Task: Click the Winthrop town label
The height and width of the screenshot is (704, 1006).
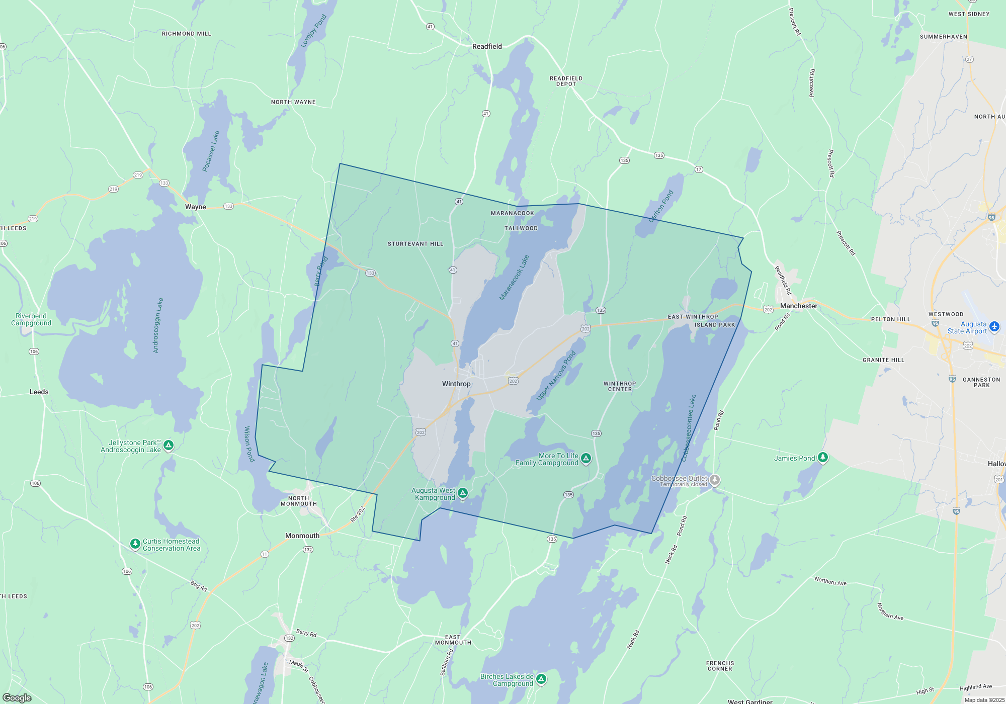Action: (456, 384)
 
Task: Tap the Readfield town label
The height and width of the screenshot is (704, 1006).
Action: (487, 46)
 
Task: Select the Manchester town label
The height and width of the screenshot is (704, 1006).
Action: (799, 306)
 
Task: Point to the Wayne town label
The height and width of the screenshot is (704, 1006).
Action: (195, 207)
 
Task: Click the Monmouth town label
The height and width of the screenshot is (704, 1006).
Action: (302, 536)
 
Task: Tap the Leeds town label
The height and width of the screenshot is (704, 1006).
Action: (39, 392)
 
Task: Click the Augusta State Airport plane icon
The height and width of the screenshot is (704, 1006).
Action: (994, 327)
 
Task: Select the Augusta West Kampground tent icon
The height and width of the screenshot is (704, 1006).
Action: (463, 493)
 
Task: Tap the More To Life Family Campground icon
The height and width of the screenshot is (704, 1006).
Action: (585, 458)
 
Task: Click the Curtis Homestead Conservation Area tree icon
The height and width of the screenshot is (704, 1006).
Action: (135, 544)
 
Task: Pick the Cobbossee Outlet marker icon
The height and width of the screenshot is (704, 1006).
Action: (714, 480)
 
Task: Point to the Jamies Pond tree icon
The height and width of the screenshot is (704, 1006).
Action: (822, 457)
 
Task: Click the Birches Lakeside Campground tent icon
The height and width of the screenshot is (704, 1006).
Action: (541, 679)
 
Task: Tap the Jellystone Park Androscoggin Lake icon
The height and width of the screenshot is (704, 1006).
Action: (169, 445)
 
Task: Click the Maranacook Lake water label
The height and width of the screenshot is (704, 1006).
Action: (514, 278)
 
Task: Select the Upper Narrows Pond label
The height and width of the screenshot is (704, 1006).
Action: (555, 376)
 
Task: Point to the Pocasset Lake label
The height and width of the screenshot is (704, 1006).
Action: (211, 151)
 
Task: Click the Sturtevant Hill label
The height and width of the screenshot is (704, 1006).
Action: (415, 244)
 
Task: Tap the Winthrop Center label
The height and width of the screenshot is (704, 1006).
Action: (620, 386)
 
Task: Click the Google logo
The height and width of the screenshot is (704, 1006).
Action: (17, 697)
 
